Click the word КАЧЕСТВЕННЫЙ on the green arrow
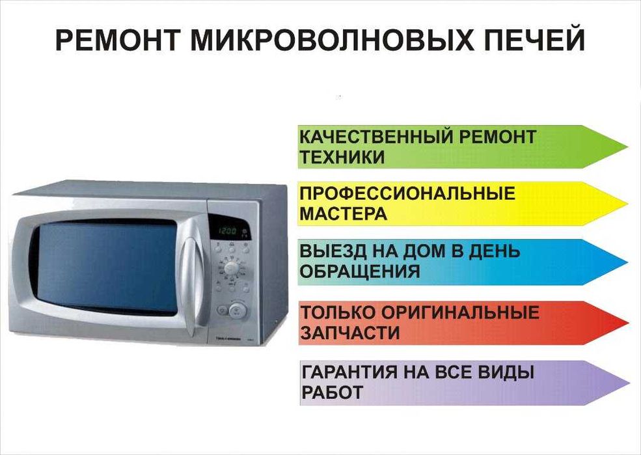[377, 137]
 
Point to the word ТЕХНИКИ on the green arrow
[342, 157]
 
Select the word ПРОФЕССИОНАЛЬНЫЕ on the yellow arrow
[407, 193]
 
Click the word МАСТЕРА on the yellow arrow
[343, 214]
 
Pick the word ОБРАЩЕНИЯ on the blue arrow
[360, 271]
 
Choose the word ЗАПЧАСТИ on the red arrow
[349, 333]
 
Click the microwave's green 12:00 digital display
[228, 230]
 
